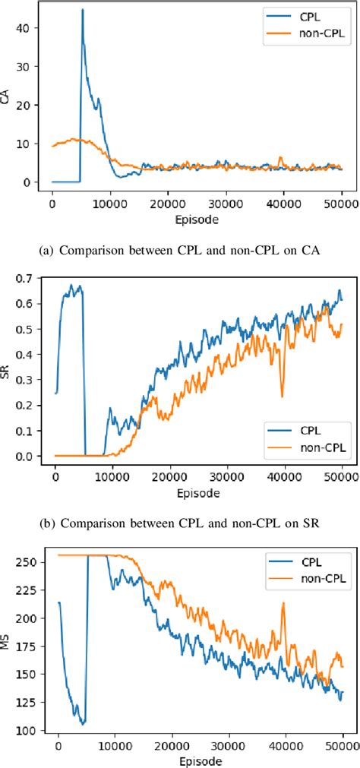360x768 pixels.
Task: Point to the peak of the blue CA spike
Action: tap(82, 10)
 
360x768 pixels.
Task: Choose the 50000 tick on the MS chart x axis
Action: tap(342, 746)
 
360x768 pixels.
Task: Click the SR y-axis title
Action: tap(10, 368)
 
